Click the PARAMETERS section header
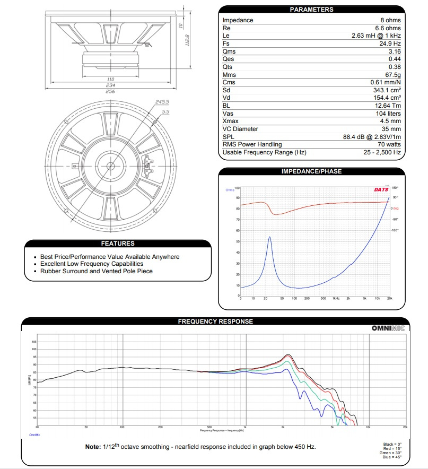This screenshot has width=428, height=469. pos(311,10)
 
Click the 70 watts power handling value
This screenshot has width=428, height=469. pos(388,144)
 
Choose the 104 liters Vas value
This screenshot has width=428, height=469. pos(387,114)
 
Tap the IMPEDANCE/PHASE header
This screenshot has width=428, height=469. pos(311,171)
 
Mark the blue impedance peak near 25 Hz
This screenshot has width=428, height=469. pos(270,237)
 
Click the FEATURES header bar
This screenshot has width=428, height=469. pos(118,244)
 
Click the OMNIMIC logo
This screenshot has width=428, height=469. pos(388,328)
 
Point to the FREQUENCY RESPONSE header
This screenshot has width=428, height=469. pos(215,321)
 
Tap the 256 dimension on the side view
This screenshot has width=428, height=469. pos(110,91)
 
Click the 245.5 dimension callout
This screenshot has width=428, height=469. pos(162,102)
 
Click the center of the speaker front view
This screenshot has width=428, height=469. pos(111,166)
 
